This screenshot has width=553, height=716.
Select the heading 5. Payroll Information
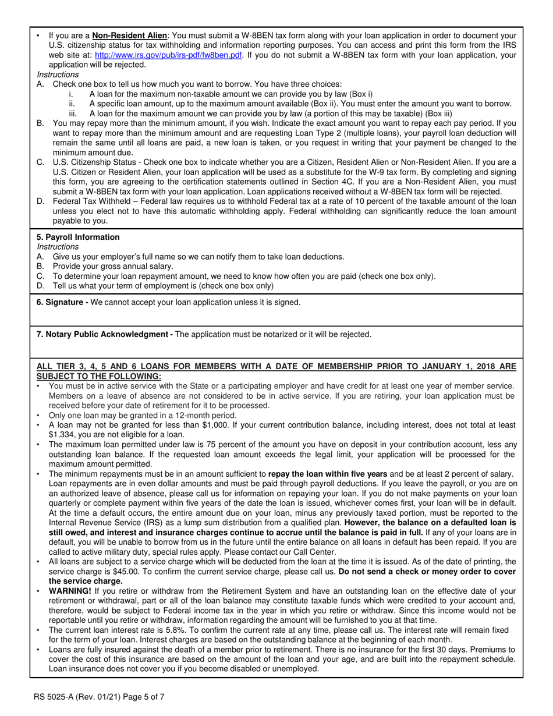78,237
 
